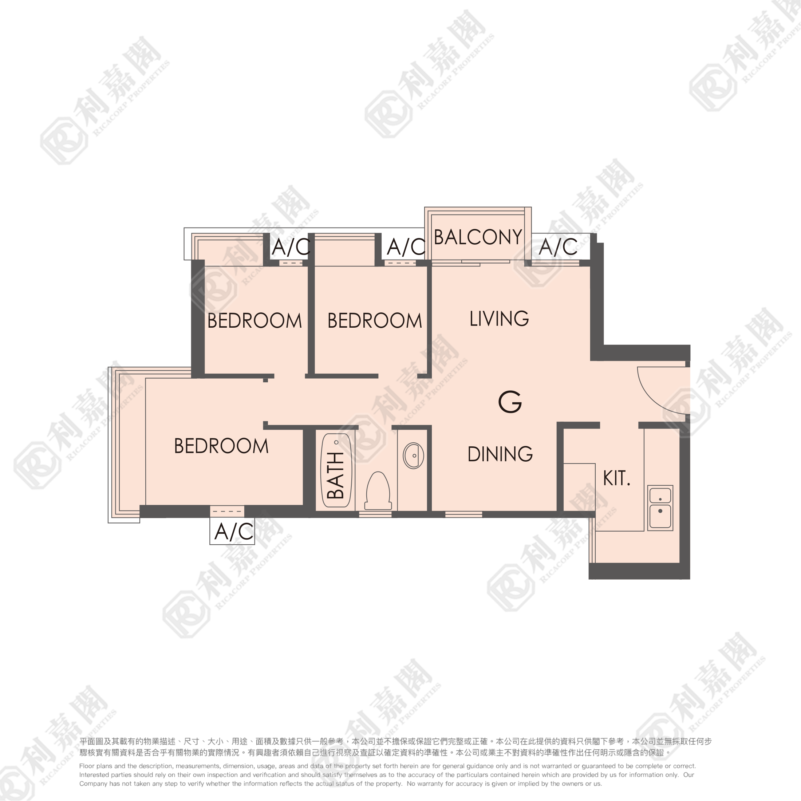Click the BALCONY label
click(x=478, y=237)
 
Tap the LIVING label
click(x=499, y=319)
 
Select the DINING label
click(x=500, y=454)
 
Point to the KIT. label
click(x=616, y=478)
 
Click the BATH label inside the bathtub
click(x=335, y=475)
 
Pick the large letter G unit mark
click(x=510, y=402)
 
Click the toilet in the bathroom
click(x=378, y=491)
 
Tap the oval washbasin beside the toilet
click(x=413, y=455)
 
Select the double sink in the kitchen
click(x=660, y=508)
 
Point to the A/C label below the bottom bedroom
click(x=234, y=532)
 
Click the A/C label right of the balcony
click(x=558, y=247)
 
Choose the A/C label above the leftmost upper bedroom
click(x=291, y=247)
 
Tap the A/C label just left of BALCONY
click(x=406, y=247)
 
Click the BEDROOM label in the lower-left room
click(x=221, y=446)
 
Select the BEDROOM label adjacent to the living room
click(x=375, y=321)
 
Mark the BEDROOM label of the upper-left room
click(x=254, y=321)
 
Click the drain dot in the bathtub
click(x=336, y=442)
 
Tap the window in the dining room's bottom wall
click(x=463, y=514)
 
